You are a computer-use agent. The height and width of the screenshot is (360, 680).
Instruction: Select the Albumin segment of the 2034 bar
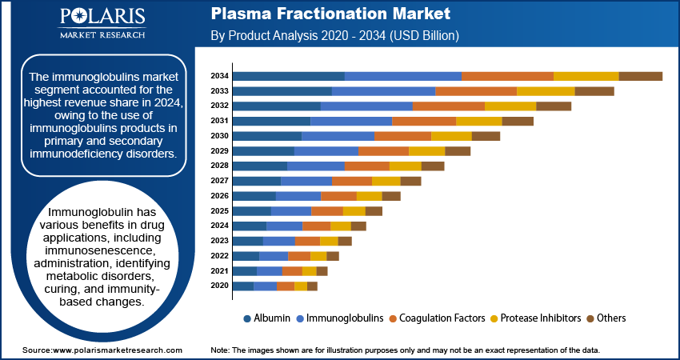pos(289,76)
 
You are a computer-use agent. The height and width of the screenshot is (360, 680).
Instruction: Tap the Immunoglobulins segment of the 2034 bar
pos(403,76)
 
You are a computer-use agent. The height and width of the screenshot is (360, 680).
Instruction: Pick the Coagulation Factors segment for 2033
pos(476,91)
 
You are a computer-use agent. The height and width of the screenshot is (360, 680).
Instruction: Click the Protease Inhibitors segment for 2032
pos(510,106)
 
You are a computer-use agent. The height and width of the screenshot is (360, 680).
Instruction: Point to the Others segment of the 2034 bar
pos(640,76)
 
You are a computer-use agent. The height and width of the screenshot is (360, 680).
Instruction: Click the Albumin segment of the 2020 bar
pos(243,286)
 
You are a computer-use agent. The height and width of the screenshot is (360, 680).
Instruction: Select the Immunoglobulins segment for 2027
pos(306,181)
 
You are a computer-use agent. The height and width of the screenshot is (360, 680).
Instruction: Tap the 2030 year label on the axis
pos(220,136)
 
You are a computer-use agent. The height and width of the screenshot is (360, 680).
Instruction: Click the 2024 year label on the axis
pos(220,226)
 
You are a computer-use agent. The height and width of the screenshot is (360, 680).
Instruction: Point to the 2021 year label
pos(220,271)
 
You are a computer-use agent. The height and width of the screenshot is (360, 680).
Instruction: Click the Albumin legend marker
pos(248,318)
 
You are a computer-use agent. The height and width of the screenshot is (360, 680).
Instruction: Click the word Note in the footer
pos(219,350)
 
